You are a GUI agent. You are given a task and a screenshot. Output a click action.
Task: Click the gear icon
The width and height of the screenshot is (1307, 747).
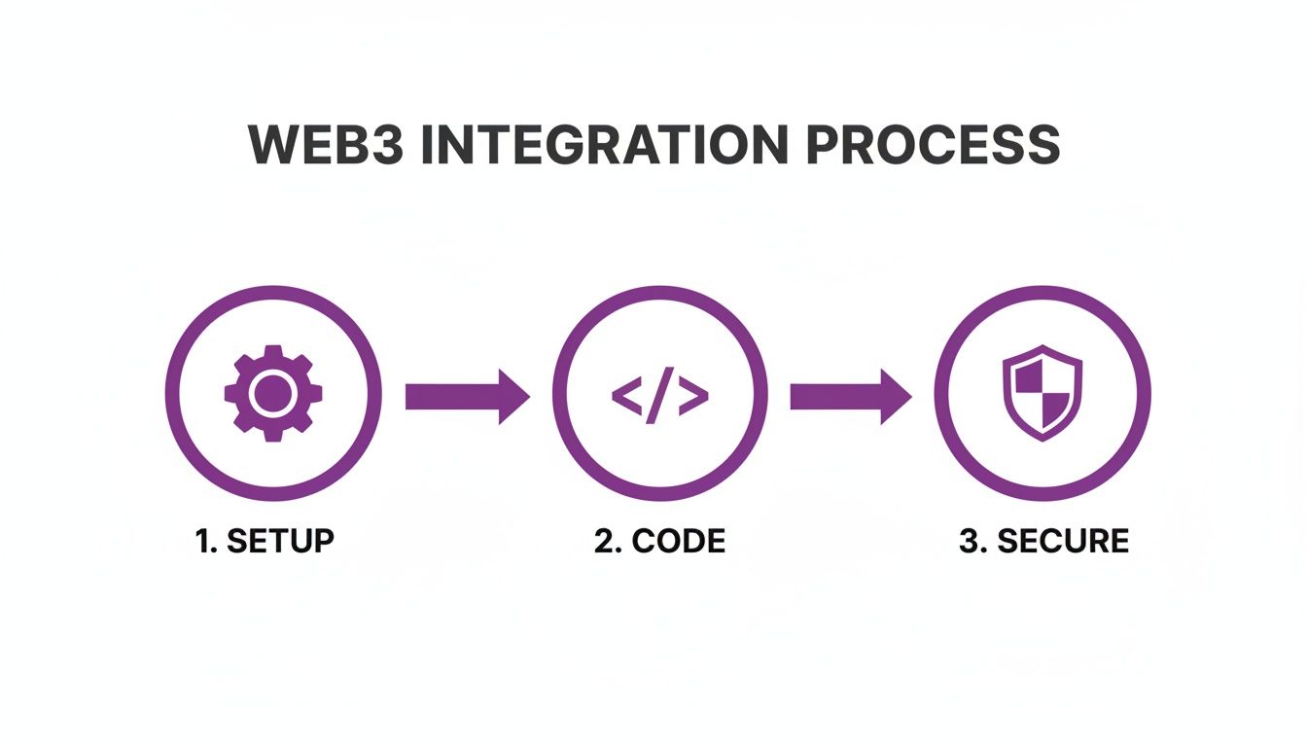pos(273,394)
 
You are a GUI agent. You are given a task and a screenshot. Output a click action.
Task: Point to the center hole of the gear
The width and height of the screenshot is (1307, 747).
pos(273,394)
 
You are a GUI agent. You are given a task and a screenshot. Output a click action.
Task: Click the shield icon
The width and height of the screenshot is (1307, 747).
pos(1042,394)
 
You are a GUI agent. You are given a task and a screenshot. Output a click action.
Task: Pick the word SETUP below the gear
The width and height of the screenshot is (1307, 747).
pos(280,541)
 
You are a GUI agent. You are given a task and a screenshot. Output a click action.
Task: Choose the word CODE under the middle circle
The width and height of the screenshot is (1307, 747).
pos(678,541)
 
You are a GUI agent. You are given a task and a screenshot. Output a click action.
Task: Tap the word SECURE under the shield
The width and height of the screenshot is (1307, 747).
pos(1063,541)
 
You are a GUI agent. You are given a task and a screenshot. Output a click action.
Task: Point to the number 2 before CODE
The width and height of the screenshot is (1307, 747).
pos(604,541)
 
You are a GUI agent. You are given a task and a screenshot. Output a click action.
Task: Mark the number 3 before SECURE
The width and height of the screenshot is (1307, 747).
pos(969,541)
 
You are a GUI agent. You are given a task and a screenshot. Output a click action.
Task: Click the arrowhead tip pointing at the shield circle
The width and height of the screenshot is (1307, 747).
pos(910,396)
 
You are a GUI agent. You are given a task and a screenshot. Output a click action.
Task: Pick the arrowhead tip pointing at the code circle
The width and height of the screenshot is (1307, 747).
pos(528,396)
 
